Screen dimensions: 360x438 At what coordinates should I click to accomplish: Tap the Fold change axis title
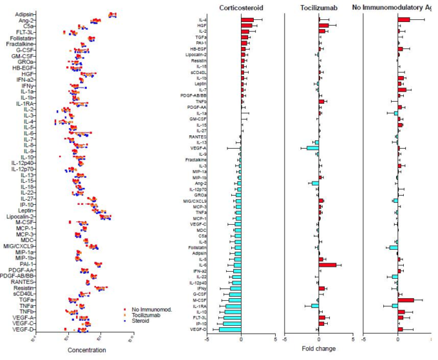[x=319, y=348]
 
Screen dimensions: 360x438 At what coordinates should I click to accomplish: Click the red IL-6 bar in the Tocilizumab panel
[x=327, y=265]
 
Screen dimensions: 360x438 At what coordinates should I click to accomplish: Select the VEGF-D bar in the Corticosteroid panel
[x=230, y=329]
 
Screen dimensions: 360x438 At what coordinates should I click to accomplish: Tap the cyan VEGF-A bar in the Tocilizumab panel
[x=312, y=148]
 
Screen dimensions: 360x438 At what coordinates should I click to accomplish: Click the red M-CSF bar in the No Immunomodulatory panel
[x=406, y=299]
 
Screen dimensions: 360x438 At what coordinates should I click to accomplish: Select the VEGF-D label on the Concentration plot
[x=25, y=330]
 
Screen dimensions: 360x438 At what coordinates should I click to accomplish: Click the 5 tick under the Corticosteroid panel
[x=275, y=339]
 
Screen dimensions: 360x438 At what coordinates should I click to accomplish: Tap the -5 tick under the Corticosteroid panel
[x=206, y=339]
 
